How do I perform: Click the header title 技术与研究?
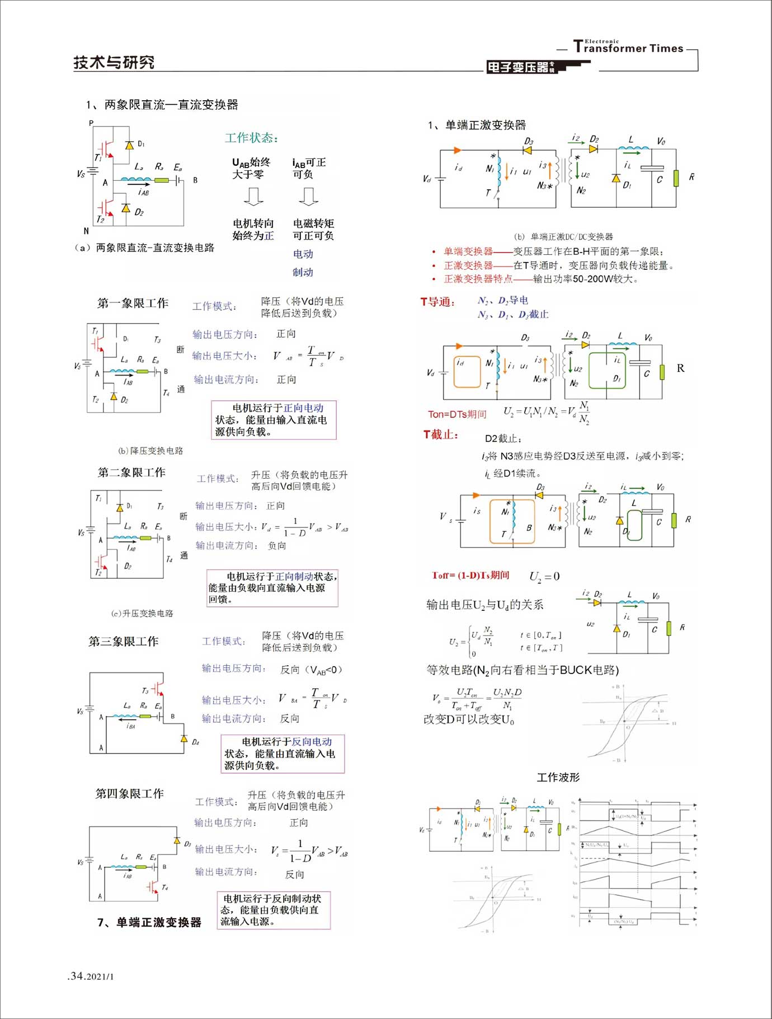(114, 62)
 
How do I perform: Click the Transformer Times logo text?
(628, 48)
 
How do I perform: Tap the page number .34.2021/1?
(91, 976)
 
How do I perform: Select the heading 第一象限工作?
(133, 303)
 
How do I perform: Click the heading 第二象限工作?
(131, 473)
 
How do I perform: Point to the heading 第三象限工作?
(123, 641)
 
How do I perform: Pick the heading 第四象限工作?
(129, 793)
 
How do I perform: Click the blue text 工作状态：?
(252, 138)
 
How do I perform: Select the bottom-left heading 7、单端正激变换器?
(149, 922)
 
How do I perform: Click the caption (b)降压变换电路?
(150, 451)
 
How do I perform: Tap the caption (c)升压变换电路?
(142, 613)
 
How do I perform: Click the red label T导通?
(437, 302)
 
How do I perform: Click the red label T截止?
(441, 434)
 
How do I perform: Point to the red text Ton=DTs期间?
(457, 414)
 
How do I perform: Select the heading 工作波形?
(558, 777)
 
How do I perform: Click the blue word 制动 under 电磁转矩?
(303, 272)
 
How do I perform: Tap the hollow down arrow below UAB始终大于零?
(253, 197)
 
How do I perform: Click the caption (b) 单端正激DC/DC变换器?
(563, 237)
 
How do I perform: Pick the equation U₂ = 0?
(544, 576)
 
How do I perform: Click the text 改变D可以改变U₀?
(469, 719)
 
